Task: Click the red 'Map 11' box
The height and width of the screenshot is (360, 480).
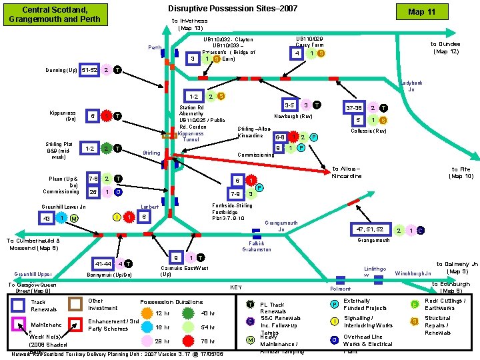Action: click(x=440, y=13)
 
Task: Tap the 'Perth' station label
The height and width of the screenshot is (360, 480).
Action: click(x=155, y=47)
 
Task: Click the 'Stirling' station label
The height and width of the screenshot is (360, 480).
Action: click(x=152, y=153)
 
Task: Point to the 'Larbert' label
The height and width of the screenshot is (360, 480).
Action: click(x=150, y=207)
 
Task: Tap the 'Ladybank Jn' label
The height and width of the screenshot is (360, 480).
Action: click(x=411, y=86)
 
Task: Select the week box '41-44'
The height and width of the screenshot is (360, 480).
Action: click(x=103, y=263)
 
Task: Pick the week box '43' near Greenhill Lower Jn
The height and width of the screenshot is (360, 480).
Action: click(x=46, y=219)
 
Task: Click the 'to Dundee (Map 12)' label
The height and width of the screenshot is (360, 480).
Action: click(x=445, y=47)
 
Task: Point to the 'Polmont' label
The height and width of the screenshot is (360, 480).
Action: click(x=341, y=289)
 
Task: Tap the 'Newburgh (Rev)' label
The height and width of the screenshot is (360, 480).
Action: click(x=293, y=116)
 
